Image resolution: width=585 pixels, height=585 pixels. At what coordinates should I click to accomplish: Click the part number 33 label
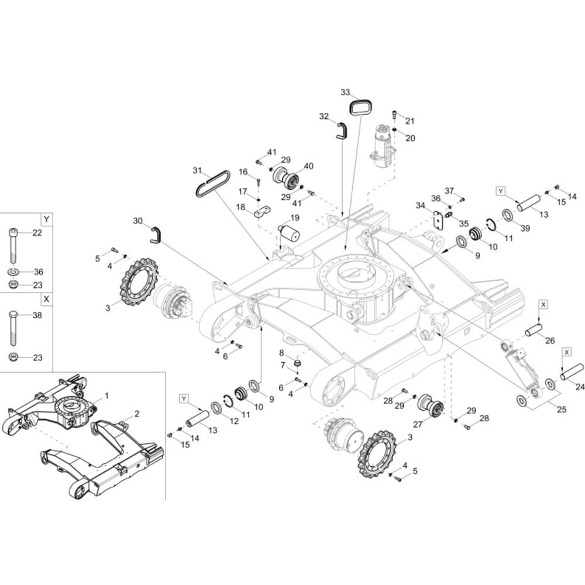[x=345, y=92]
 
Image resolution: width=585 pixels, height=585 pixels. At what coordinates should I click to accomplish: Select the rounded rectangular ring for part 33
[x=361, y=108]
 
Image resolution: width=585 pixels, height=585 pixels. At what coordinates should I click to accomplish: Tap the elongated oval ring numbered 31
[x=212, y=183]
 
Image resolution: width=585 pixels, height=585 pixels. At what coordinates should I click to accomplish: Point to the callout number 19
[x=294, y=218]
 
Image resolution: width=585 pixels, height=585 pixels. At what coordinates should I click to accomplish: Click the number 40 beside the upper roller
[x=308, y=166]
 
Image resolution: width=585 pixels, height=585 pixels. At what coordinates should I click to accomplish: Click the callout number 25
[x=562, y=409]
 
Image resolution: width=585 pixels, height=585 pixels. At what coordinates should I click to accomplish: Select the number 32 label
[x=324, y=116]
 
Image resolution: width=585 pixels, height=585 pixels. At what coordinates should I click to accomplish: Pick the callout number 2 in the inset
[x=136, y=414]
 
